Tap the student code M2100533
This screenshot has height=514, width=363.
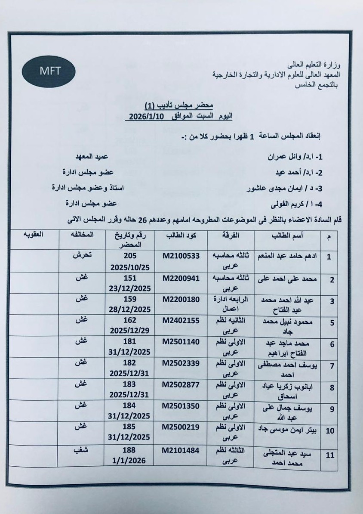pyautogui.click(x=181, y=256)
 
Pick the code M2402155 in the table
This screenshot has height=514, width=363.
pyautogui.click(x=181, y=321)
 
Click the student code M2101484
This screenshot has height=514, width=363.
pyautogui.click(x=181, y=450)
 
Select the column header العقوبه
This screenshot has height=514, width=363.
pyautogui.click(x=33, y=235)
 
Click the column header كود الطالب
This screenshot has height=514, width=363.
pyautogui.click(x=181, y=236)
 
